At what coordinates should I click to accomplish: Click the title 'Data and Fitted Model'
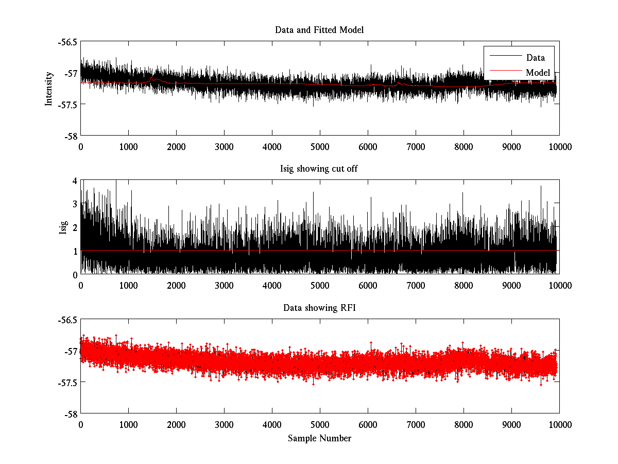[x=319, y=30]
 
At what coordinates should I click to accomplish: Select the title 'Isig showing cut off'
[x=319, y=169]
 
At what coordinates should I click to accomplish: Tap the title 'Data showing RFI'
[x=319, y=308]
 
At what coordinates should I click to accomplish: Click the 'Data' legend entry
[x=535, y=58]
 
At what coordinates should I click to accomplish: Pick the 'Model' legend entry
[x=538, y=73]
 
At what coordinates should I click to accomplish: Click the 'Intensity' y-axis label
[x=49, y=88]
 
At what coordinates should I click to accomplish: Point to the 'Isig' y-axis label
[x=63, y=227]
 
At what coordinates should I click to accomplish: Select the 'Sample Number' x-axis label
[x=319, y=438]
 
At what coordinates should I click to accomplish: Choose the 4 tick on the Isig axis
[x=74, y=180]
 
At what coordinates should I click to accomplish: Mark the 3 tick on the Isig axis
[x=74, y=204]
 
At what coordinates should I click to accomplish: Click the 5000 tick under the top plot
[x=320, y=146]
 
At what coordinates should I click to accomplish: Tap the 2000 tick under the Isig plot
[x=176, y=286]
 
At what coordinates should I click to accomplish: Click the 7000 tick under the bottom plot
[x=416, y=424]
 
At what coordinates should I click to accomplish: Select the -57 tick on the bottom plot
[x=70, y=351]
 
